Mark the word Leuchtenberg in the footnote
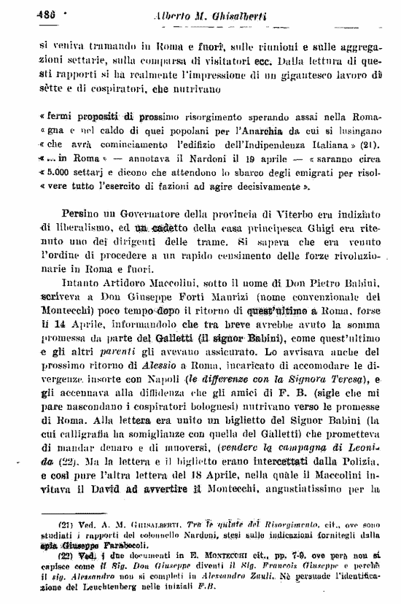pyautogui.click(x=117, y=595)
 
